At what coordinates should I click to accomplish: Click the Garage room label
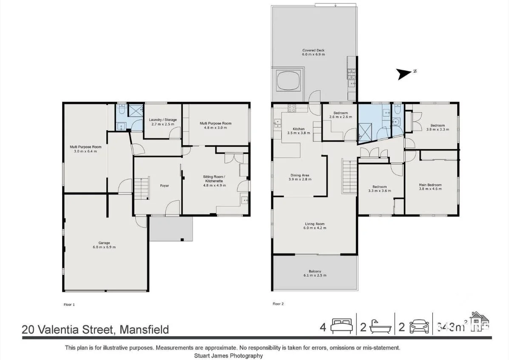pyautogui.click(x=104, y=243)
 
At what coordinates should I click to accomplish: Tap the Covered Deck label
pyautogui.click(x=313, y=50)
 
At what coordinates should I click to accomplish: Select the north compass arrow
pyautogui.click(x=404, y=74)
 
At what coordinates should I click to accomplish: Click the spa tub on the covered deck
pyautogui.click(x=289, y=81)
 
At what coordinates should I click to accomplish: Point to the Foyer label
pyautogui.click(x=164, y=186)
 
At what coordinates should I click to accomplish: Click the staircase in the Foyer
pyautogui.click(x=141, y=189)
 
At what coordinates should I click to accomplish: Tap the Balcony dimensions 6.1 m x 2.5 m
pyautogui.click(x=315, y=276)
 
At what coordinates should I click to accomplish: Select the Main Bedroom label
pyautogui.click(x=430, y=185)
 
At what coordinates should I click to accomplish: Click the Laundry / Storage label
pyautogui.click(x=163, y=120)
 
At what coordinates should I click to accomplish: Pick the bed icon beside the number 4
pyautogui.click(x=342, y=327)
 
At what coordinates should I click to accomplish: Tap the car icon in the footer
pyautogui.click(x=419, y=327)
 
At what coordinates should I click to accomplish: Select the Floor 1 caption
pyautogui.click(x=68, y=304)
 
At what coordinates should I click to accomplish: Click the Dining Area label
pyautogui.click(x=300, y=175)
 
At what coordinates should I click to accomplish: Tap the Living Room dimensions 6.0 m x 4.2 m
pyautogui.click(x=315, y=228)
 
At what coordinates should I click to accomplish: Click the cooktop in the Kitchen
pyautogui.click(x=292, y=108)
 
